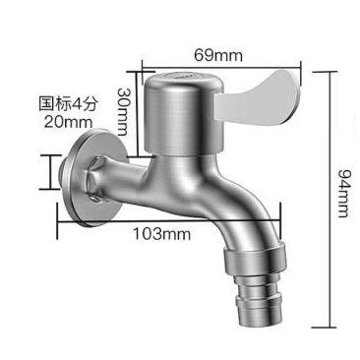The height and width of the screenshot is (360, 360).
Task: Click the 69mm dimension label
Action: pos(218,55)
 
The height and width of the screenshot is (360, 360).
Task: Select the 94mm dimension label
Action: pos(344,194)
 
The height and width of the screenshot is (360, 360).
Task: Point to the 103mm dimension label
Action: pos(161,234)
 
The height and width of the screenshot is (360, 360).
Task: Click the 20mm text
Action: pos(69,122)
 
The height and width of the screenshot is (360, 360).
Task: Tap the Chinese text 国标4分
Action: pos(68,104)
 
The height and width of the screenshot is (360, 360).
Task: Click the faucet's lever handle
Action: pos(257,98)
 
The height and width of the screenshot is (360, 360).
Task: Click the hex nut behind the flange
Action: pos(96,179)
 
